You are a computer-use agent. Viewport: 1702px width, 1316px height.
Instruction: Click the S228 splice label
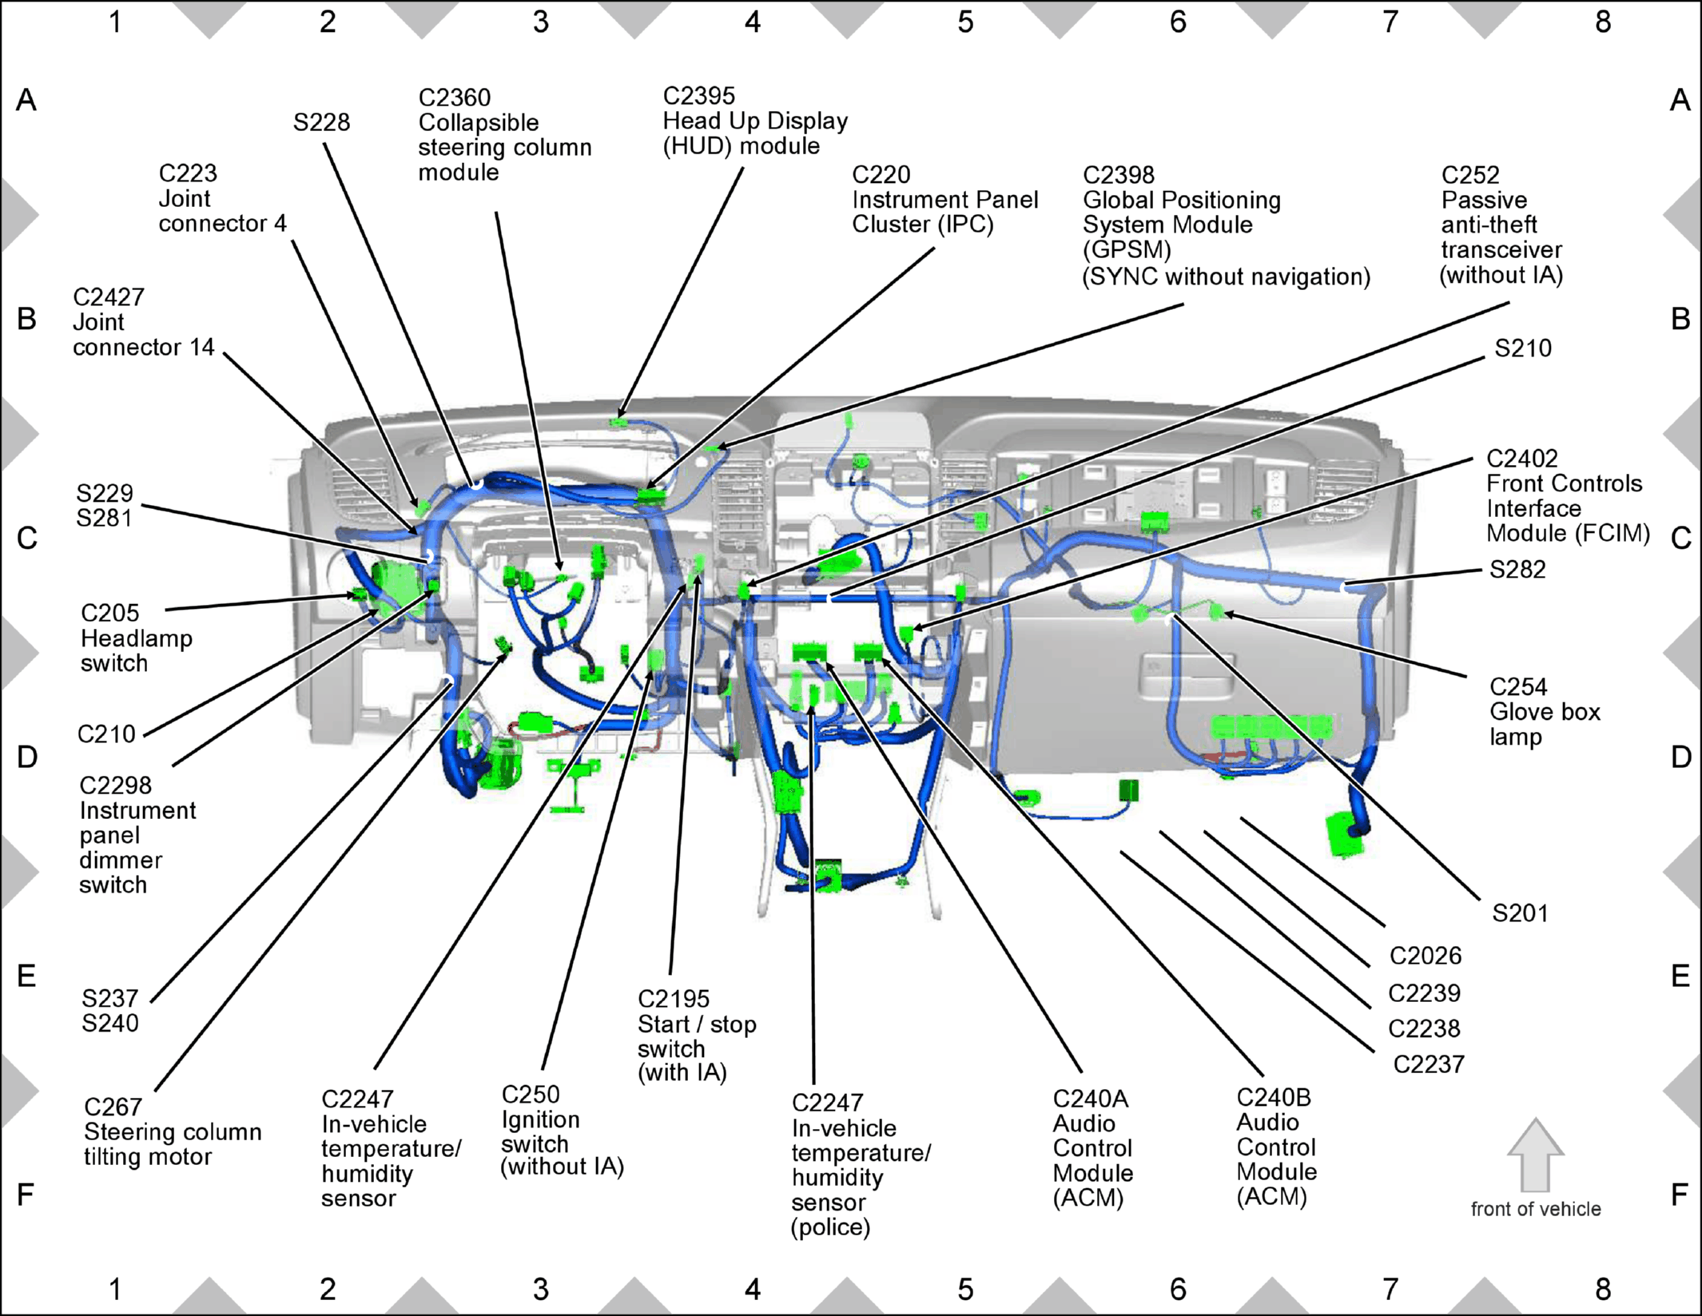click(x=321, y=122)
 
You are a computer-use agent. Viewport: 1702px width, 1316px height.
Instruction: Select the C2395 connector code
click(x=698, y=96)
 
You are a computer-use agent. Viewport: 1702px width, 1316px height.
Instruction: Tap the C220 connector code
click(x=881, y=174)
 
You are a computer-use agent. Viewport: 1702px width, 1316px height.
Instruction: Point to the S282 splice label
click(x=1517, y=570)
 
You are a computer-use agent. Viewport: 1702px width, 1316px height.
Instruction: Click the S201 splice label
click(x=1520, y=913)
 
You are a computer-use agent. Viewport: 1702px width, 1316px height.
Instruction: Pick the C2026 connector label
click(x=1426, y=956)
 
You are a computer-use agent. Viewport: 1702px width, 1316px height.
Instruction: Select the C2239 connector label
click(x=1424, y=993)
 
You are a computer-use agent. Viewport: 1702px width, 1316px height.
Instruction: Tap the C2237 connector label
click(x=1429, y=1064)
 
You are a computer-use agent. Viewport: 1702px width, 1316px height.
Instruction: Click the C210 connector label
click(x=106, y=734)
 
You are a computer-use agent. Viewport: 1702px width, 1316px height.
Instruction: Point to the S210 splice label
click(x=1523, y=348)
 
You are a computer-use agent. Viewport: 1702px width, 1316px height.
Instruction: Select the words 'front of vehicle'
click(x=1536, y=1209)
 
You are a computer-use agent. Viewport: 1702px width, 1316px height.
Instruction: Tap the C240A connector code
click(x=1091, y=1099)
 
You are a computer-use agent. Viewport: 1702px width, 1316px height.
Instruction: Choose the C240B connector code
click(x=1274, y=1098)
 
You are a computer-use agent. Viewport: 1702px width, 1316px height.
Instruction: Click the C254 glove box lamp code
click(x=1518, y=687)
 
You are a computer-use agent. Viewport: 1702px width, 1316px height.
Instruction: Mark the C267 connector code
click(x=113, y=1107)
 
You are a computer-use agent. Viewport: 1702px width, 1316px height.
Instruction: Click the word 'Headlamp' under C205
click(x=137, y=639)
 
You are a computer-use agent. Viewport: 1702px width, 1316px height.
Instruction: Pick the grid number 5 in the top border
click(x=965, y=22)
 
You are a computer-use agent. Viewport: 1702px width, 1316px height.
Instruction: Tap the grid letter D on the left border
click(x=27, y=757)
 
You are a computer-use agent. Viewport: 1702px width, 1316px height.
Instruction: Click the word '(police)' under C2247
click(x=831, y=1227)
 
